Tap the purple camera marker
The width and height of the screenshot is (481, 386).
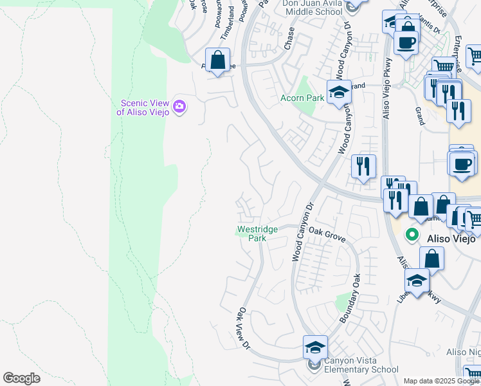180,106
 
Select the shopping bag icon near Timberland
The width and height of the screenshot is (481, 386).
218,60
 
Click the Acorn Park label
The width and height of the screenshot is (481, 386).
302,98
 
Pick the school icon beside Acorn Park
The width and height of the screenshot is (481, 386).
339,92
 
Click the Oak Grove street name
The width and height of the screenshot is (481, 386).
327,234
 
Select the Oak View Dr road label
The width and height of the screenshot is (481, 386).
243,328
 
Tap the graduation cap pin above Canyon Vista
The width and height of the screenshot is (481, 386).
315,347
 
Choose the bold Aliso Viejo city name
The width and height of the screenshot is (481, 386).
451,239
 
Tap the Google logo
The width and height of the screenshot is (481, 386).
22,378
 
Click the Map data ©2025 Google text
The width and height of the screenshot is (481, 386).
440,381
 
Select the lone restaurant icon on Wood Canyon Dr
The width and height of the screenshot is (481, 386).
363,167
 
